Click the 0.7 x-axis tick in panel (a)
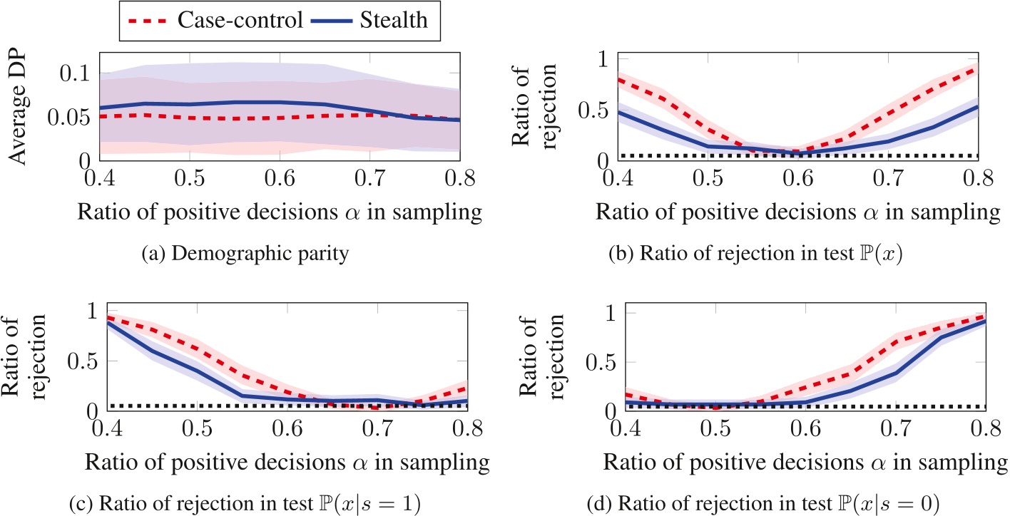coord(371,175)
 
